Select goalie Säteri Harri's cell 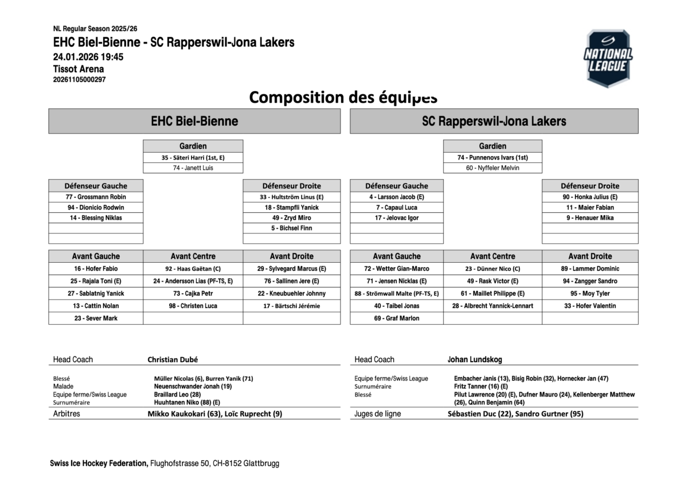point(193,158)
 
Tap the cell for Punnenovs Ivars point(492,158)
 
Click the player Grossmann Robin point(96,197)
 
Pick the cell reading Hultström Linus point(291,197)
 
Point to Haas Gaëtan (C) point(193,269)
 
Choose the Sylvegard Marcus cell point(291,269)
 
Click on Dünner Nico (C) point(492,269)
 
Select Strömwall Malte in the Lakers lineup point(396,293)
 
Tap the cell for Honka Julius point(590,197)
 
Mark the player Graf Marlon point(396,318)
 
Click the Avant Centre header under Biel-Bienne point(193,256)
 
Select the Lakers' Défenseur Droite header point(590,186)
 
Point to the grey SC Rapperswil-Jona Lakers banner point(494,121)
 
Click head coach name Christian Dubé point(173,360)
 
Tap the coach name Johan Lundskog point(475,360)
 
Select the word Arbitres point(67,414)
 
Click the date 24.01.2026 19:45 point(88,57)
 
